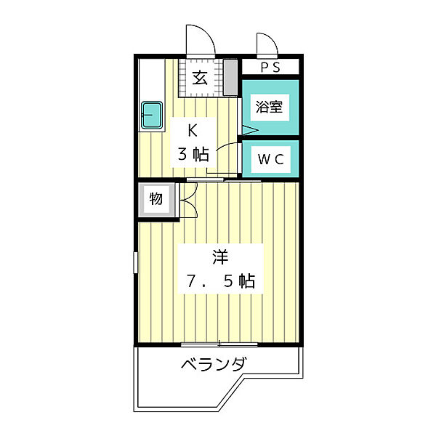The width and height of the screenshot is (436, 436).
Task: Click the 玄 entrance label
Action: point(201,78)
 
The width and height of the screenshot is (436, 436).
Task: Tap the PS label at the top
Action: point(270,68)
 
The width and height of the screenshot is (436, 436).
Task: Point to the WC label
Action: point(269,158)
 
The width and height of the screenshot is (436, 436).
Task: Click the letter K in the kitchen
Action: point(193,132)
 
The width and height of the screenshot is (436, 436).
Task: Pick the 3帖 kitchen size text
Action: point(193,154)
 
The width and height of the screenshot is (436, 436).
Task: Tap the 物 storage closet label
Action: point(156,198)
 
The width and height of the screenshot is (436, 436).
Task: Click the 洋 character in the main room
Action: point(220,257)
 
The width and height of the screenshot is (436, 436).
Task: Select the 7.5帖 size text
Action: point(218,281)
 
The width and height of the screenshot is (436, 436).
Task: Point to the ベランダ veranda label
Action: point(213,364)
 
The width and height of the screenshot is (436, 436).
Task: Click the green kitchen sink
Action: point(152,114)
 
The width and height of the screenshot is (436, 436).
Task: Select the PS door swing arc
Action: point(266,44)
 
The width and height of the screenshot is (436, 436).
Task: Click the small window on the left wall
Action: point(134,262)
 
